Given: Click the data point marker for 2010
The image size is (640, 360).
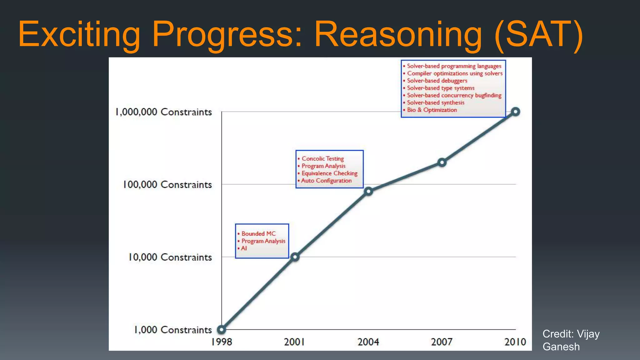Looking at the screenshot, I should pyautogui.click(x=515, y=112).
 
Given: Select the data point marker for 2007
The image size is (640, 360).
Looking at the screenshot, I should pyautogui.click(x=442, y=162).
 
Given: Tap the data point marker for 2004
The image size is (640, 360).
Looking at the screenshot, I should pyautogui.click(x=368, y=191).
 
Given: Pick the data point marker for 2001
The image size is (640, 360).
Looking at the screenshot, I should pyautogui.click(x=295, y=257).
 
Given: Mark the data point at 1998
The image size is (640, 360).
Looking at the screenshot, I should pyautogui.click(x=222, y=329).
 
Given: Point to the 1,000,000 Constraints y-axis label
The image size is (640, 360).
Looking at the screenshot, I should pyautogui.click(x=164, y=112).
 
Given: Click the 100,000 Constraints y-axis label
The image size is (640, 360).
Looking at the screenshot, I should pyautogui.click(x=167, y=184).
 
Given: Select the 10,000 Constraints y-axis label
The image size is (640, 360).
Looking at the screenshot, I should pyautogui.click(x=170, y=257).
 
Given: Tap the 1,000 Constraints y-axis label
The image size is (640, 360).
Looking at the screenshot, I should pyautogui.click(x=173, y=330).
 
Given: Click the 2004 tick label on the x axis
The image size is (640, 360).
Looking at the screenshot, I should pyautogui.click(x=368, y=342).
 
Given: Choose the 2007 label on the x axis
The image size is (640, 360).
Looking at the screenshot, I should pyautogui.click(x=442, y=342).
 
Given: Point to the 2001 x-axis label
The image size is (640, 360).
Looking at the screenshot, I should pyautogui.click(x=294, y=342).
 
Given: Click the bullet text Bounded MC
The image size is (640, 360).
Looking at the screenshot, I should pyautogui.click(x=258, y=233).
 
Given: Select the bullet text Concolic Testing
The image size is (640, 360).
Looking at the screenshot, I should pyautogui.click(x=322, y=158).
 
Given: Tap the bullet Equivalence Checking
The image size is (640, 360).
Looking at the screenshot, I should pyautogui.click(x=329, y=173).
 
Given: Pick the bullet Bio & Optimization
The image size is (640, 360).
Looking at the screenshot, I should pyautogui.click(x=432, y=110).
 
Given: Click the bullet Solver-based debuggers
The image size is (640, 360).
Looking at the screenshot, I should pyautogui.click(x=437, y=81).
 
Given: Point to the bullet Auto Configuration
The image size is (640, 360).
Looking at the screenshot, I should pyautogui.click(x=326, y=180).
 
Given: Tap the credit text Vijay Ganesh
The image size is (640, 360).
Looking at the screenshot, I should pyautogui.click(x=571, y=340).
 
